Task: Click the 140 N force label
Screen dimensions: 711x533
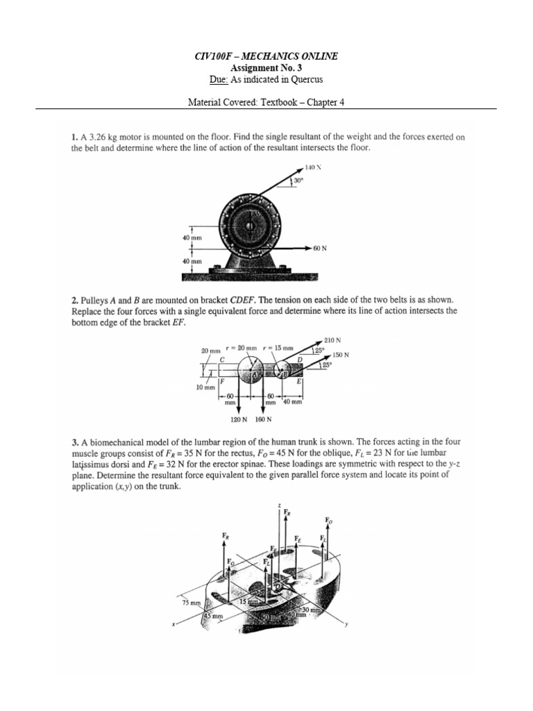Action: click(313, 167)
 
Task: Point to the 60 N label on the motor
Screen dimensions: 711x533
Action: click(319, 247)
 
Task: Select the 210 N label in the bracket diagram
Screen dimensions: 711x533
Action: click(332, 340)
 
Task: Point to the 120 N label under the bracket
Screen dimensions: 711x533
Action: click(238, 419)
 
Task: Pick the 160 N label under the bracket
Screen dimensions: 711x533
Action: click(263, 419)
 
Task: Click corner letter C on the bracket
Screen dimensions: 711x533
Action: click(222, 360)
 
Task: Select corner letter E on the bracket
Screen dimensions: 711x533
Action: click(298, 382)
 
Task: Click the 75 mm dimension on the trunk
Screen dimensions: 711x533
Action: click(190, 603)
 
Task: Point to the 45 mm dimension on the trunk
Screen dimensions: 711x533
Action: click(213, 615)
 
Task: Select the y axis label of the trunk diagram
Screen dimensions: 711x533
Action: click(346, 624)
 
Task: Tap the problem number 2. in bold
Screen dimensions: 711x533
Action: click(74, 299)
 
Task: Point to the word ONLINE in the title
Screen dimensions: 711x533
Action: click(318, 56)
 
